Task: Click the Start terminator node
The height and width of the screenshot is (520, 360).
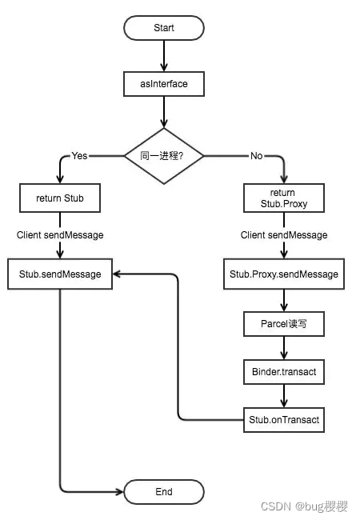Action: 164,27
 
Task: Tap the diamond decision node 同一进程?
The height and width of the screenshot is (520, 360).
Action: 163,155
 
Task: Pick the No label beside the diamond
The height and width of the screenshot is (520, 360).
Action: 257,155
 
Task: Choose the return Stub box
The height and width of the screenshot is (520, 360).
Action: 60,198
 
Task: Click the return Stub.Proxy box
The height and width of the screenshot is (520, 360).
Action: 283,198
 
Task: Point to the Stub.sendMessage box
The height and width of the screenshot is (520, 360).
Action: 60,274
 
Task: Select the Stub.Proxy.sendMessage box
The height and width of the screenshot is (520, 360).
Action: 284,274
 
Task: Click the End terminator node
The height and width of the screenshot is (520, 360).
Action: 163,490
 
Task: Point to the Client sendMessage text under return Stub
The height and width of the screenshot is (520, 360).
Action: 60,235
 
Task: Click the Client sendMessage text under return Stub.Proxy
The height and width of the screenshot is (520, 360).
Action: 284,235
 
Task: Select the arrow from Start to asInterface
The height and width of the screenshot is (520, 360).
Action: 164,54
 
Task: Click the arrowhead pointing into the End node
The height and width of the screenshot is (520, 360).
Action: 119,490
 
